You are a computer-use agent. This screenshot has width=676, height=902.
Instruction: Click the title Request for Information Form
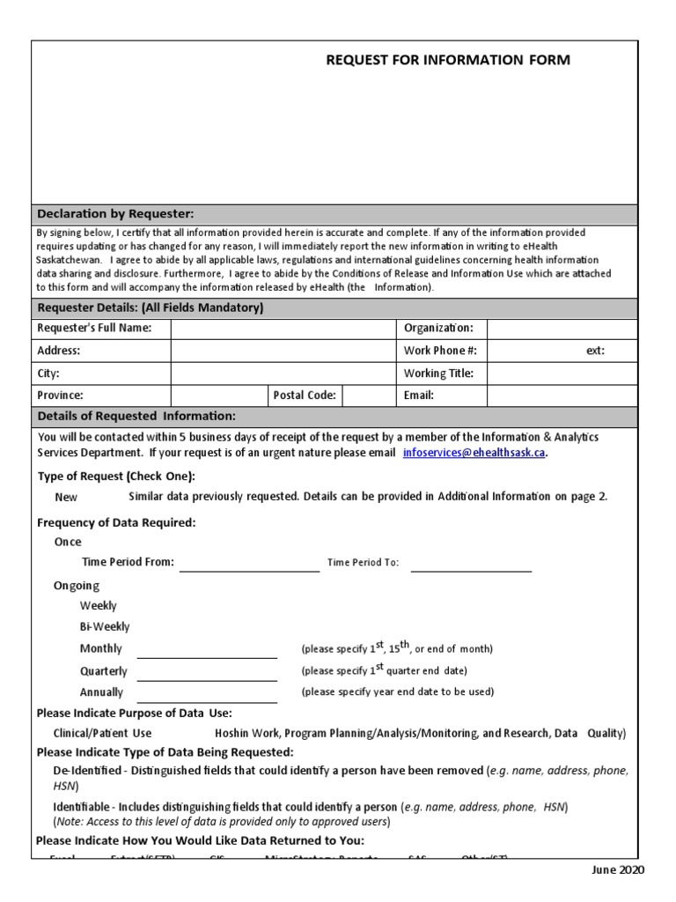pyautogui.click(x=447, y=60)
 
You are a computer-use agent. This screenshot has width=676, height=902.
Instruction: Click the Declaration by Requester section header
pyautogui.click(x=115, y=214)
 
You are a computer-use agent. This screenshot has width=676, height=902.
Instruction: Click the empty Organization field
pyautogui.click(x=561, y=329)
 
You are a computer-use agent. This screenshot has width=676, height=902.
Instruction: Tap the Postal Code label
pyautogui.click(x=305, y=396)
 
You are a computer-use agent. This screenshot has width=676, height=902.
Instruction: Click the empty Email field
pyautogui.click(x=561, y=396)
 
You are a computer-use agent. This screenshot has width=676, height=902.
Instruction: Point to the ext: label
pyautogui.click(x=595, y=351)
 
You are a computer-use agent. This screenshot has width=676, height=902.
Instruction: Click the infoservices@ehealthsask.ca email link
pyautogui.click(x=474, y=453)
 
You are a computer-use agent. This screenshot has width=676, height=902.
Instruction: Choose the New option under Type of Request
pyautogui.click(x=66, y=497)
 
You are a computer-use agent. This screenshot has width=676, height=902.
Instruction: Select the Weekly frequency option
pyautogui.click(x=98, y=606)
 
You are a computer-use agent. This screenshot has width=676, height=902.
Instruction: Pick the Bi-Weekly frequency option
pyautogui.click(x=104, y=627)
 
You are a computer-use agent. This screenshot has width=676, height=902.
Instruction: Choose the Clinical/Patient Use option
pyautogui.click(x=102, y=733)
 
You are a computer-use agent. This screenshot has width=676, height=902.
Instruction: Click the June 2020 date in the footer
pyautogui.click(x=617, y=870)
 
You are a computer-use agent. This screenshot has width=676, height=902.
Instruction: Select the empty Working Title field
pyautogui.click(x=561, y=373)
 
